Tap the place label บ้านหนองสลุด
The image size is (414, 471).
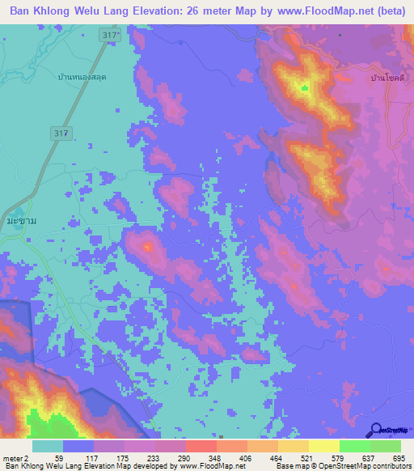point(82,76)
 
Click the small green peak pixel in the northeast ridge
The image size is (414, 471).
point(304,87)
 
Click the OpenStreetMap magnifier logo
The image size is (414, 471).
point(374,430)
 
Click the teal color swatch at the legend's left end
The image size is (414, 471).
point(48,446)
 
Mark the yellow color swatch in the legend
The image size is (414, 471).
point(323,446)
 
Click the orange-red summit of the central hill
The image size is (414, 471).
point(147,246)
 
